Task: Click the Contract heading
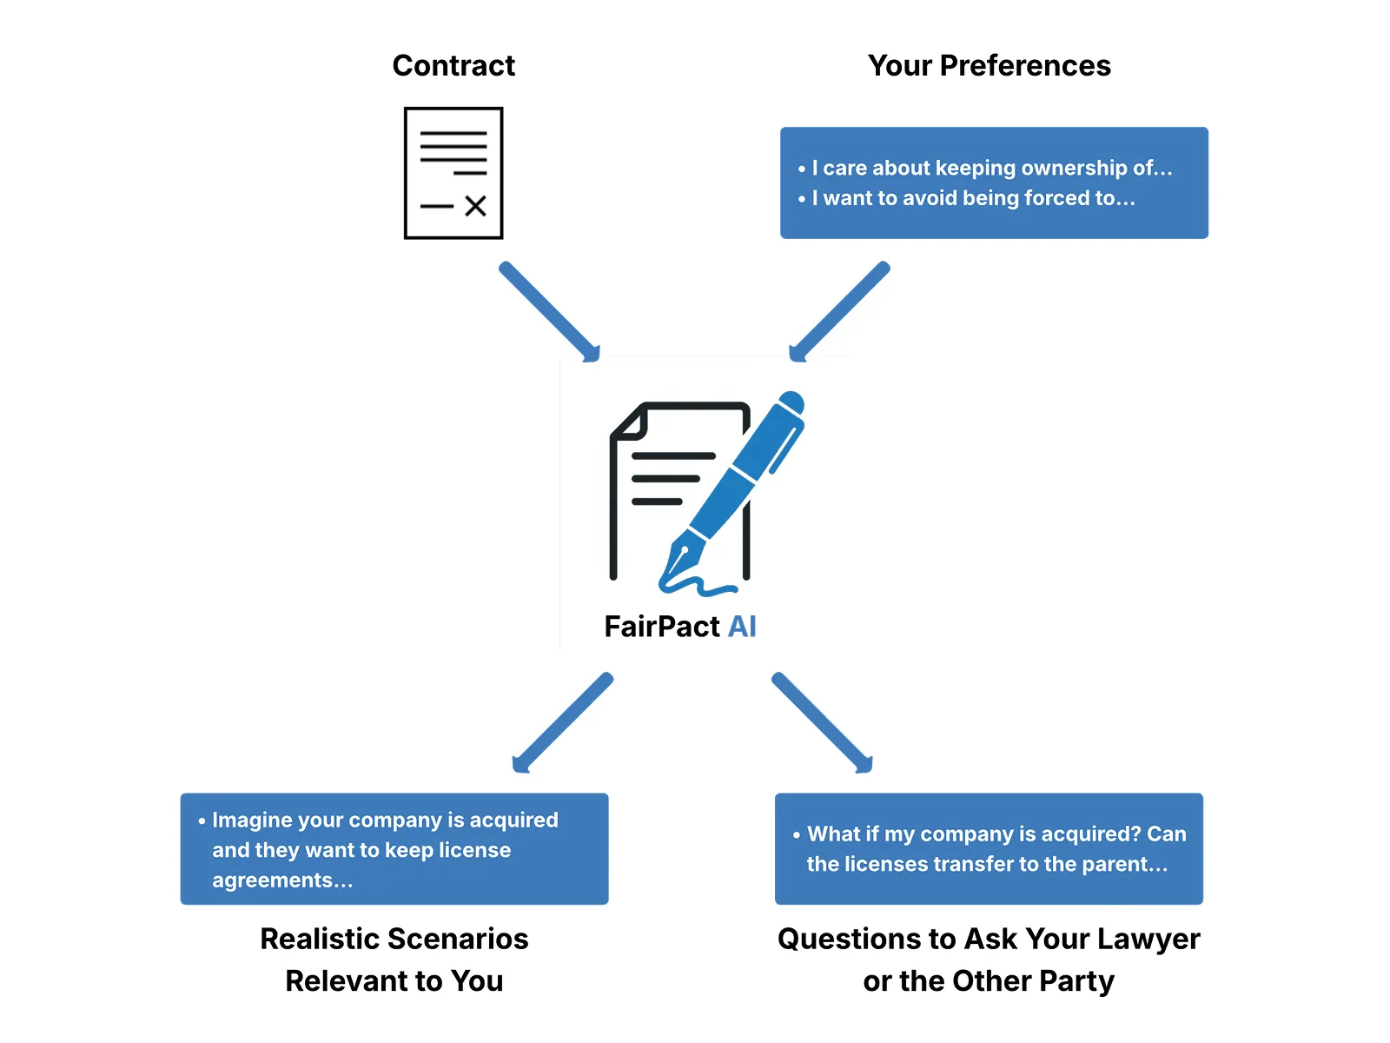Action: click(453, 66)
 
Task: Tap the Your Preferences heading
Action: click(989, 66)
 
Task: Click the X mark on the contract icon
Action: click(475, 206)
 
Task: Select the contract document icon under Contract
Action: click(453, 173)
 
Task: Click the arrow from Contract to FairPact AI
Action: click(549, 311)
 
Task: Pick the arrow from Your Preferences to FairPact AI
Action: click(839, 311)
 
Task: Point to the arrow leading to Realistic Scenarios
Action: click(563, 722)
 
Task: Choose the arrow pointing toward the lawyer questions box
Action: click(822, 722)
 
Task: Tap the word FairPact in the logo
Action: click(662, 627)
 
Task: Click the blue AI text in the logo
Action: click(742, 627)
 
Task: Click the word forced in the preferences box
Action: click(1057, 198)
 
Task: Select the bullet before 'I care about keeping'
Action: click(802, 169)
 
